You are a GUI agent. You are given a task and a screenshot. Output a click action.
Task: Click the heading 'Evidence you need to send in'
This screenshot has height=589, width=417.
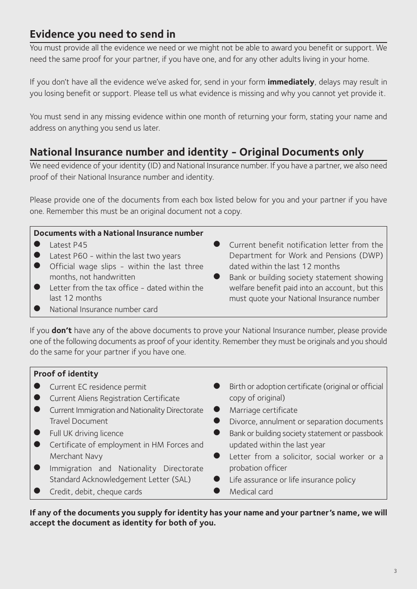tap(102, 34)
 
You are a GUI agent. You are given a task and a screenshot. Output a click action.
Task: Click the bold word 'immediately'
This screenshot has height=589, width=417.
tap(291, 82)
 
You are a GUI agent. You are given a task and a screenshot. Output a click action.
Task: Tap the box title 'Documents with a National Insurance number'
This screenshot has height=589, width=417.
tap(119, 233)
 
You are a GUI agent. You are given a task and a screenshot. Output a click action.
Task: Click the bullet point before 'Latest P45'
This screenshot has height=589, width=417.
tap(37, 245)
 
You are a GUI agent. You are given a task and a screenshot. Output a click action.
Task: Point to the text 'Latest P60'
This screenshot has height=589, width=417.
tap(68, 256)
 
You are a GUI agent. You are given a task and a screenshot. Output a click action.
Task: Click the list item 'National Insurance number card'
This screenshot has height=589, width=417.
tap(104, 309)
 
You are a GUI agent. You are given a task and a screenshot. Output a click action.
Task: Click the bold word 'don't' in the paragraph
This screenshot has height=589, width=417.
tap(61, 330)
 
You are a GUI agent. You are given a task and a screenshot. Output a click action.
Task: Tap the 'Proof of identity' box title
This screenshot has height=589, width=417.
tap(66, 374)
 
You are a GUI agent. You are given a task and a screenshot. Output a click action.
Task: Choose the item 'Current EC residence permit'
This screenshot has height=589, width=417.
tap(98, 387)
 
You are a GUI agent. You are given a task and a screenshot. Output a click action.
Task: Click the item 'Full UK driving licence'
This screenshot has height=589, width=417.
tap(86, 433)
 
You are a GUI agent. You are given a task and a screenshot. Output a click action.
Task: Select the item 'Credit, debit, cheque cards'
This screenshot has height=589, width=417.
tap(96, 492)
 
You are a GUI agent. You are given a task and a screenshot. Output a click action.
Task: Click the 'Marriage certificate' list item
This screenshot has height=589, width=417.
tap(263, 410)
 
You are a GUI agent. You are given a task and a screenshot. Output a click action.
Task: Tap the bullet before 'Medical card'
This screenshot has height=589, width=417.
tap(217, 491)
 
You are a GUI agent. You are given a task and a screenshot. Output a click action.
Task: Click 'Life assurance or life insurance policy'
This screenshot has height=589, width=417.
tap(292, 480)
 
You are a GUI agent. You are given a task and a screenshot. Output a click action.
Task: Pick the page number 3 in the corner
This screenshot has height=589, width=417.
tap(395, 571)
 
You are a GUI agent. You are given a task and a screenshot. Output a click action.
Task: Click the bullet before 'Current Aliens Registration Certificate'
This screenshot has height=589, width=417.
tap(37, 398)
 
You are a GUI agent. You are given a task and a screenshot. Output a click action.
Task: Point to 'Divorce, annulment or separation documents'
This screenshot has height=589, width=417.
tap(306, 422)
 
